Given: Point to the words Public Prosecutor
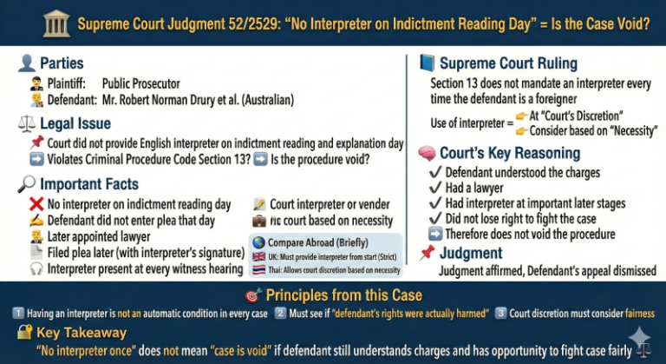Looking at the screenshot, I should click(140, 84).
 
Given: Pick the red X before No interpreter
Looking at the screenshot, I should click(36, 204).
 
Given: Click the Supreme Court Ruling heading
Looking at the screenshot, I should click(507, 63).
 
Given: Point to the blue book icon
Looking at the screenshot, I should click(427, 63).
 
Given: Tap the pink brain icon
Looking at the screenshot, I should click(427, 153).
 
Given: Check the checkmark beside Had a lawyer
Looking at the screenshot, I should click(437, 188).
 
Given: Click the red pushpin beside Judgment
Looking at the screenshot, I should click(427, 253).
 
